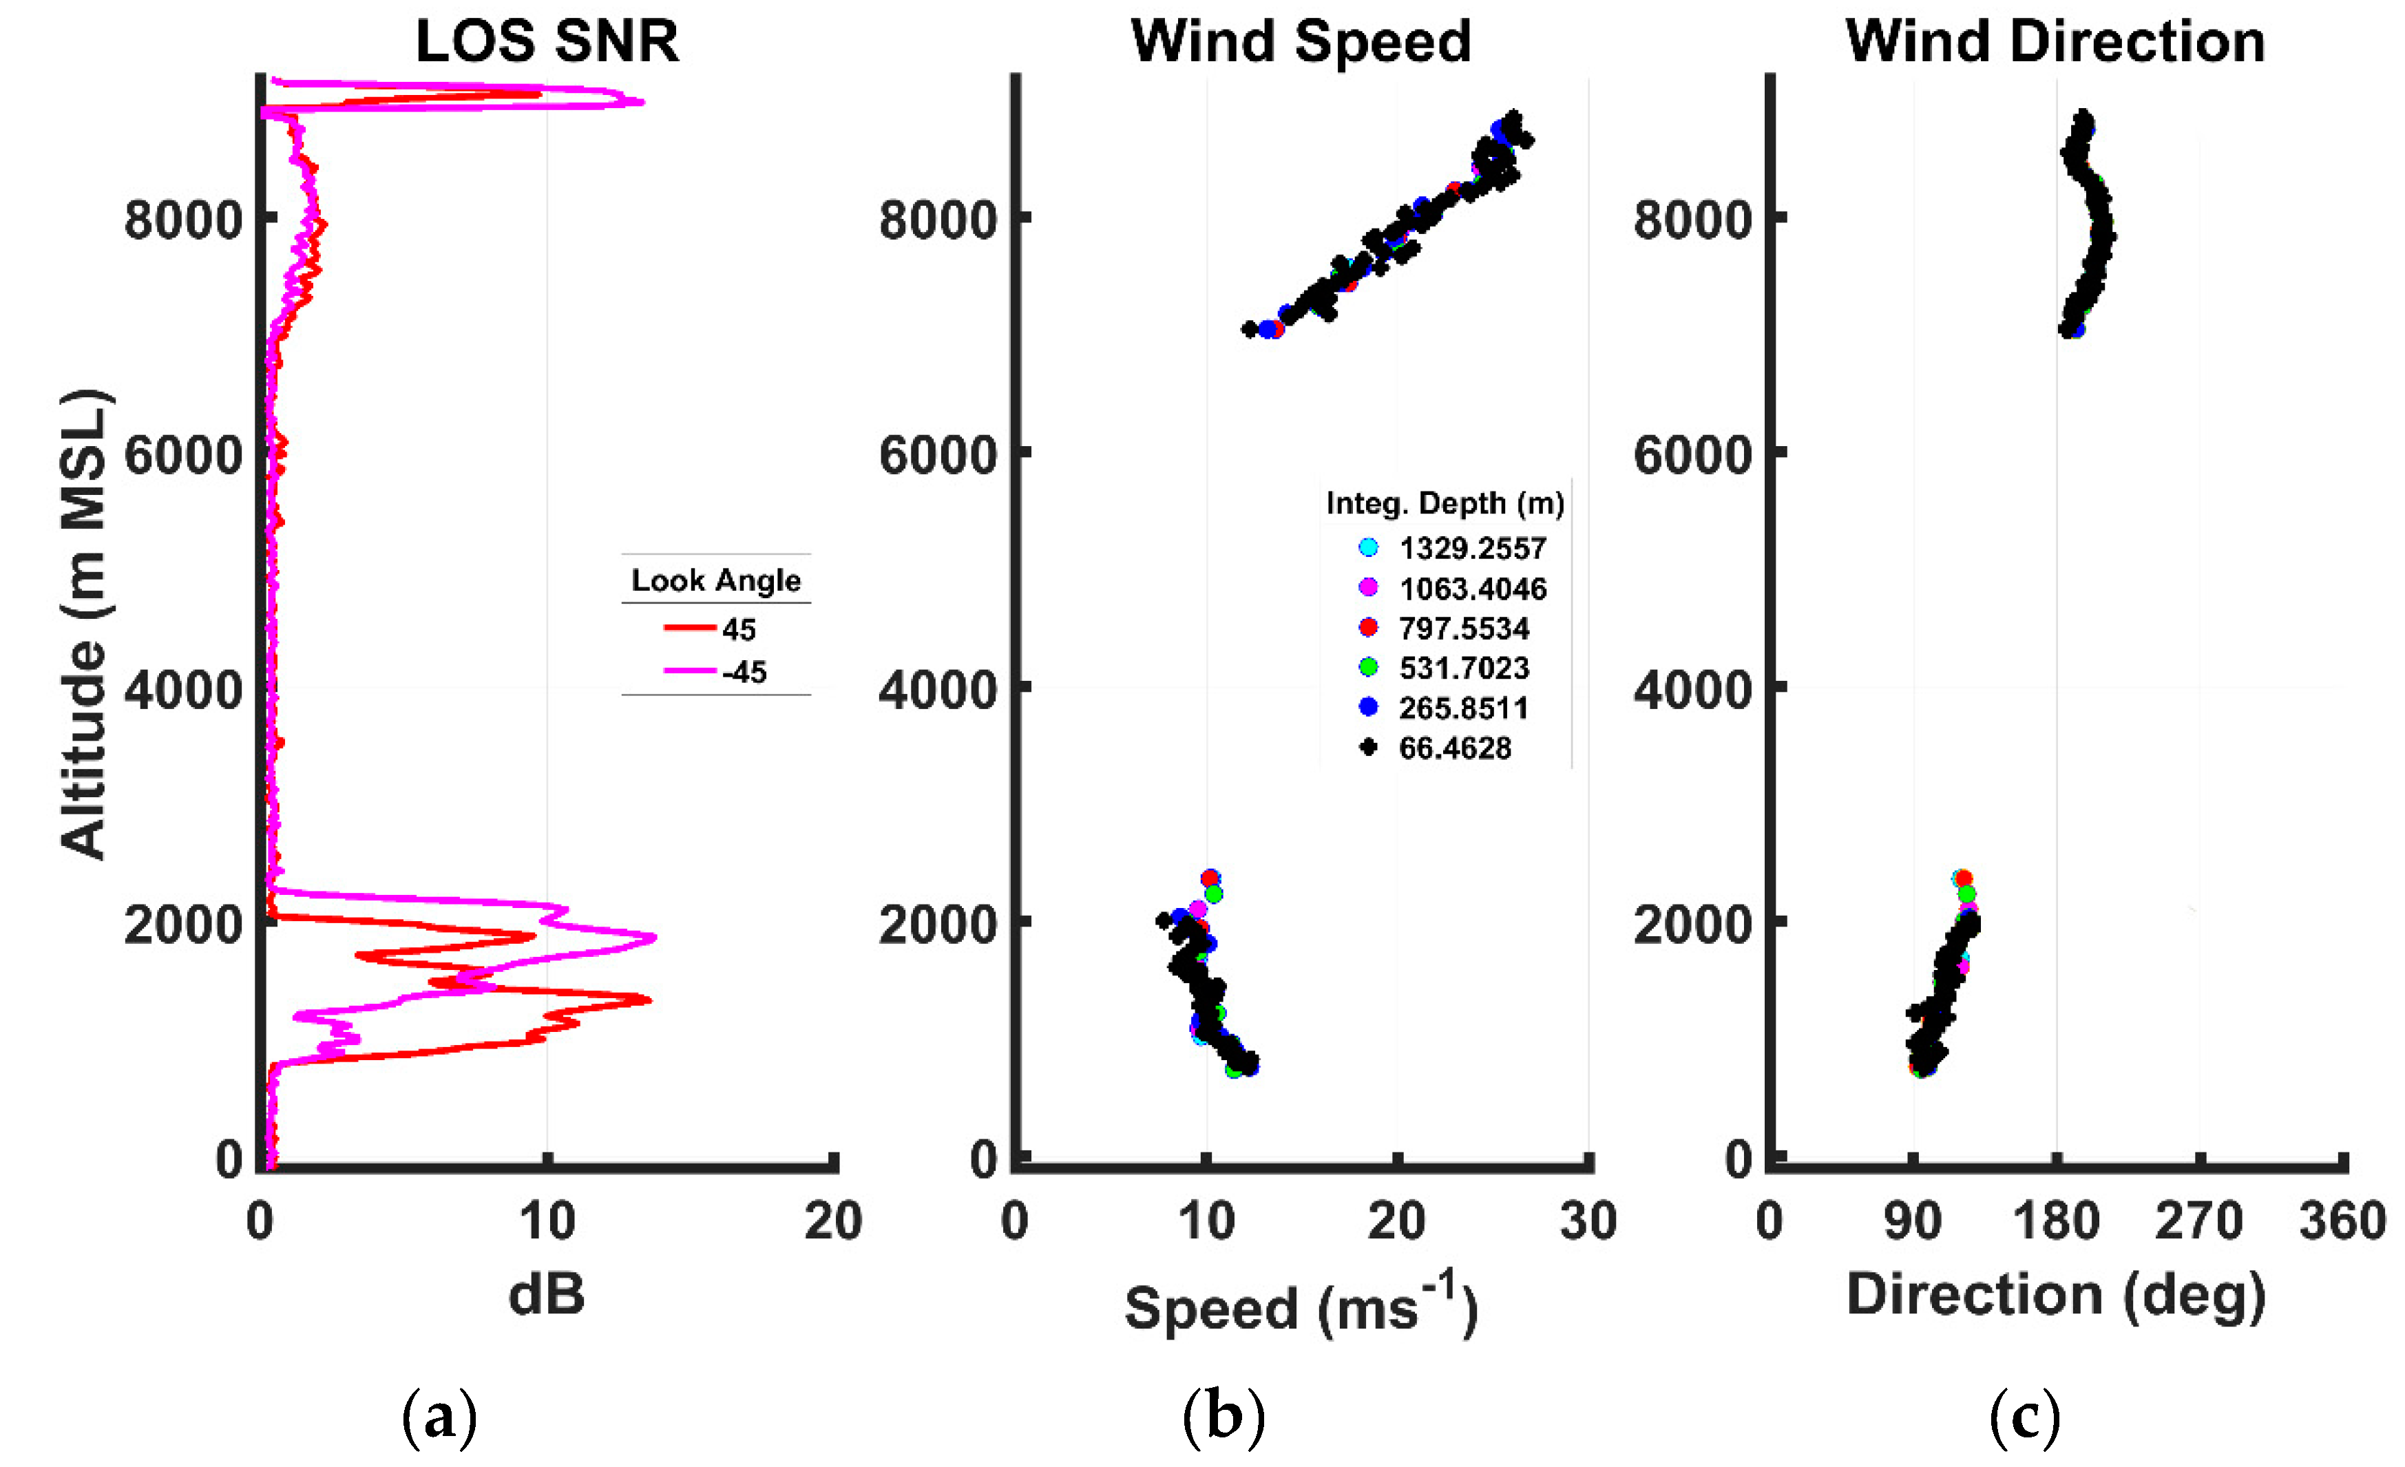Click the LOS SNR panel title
tap(547, 41)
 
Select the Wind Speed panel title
tap(1300, 41)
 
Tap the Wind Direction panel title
tap(2055, 41)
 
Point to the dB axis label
tap(547, 1294)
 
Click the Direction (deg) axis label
tap(2055, 1295)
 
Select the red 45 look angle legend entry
tap(713, 629)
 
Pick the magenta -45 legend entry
tap(717, 671)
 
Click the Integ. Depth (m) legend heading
tap(1445, 504)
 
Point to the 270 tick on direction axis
tap(2199, 1221)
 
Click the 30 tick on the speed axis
tap(1588, 1221)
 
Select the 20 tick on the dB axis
tap(832, 1221)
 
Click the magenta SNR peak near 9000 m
tap(640, 101)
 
